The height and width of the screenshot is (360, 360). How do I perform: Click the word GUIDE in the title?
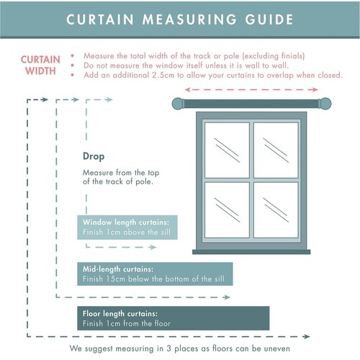pyautogui.click(x=269, y=19)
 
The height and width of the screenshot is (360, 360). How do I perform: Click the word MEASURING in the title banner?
pyautogui.click(x=189, y=19)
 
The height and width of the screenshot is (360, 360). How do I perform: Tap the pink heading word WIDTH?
pyautogui.click(x=40, y=71)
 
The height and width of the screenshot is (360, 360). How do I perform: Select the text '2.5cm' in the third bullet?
pyautogui.click(x=163, y=75)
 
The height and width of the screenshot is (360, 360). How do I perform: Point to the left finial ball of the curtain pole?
pyautogui.click(x=178, y=104)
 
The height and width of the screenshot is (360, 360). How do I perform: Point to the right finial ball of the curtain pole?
pyautogui.click(x=325, y=104)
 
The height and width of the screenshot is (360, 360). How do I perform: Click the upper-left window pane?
pyautogui.click(x=227, y=150)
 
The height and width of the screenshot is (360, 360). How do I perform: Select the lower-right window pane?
pyautogui.click(x=276, y=210)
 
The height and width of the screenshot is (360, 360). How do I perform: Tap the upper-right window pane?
pyautogui.click(x=276, y=150)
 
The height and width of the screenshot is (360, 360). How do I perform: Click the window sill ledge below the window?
pyautogui.click(x=251, y=252)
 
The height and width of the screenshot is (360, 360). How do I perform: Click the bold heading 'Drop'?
pyautogui.click(x=94, y=156)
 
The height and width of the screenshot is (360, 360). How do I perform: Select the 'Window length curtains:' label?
pyautogui.click(x=126, y=222)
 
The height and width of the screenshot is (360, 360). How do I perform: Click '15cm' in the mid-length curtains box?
pyautogui.click(x=117, y=279)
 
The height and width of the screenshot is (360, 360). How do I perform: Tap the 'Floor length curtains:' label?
pyautogui.click(x=120, y=314)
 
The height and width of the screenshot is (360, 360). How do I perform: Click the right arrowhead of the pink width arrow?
pyautogui.click(x=315, y=89)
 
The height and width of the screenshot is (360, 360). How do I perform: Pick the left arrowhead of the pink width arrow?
pyautogui.click(x=188, y=89)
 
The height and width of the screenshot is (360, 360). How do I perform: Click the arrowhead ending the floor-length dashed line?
pyautogui.click(x=307, y=336)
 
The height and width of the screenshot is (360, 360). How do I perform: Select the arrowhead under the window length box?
pyautogui.click(x=153, y=247)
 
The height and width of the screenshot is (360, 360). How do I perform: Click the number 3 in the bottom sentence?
pyautogui.click(x=169, y=348)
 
